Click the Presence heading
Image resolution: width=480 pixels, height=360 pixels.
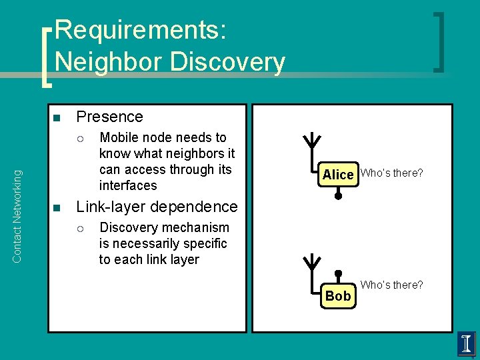tap(109, 117)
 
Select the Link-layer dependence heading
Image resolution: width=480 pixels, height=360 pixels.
tap(157, 207)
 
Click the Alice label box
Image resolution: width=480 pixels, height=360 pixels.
tap(338, 174)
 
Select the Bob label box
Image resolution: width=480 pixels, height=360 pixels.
tap(338, 295)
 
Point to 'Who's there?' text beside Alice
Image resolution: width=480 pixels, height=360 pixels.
tap(391, 173)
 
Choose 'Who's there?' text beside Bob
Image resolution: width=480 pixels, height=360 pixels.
tap(391, 285)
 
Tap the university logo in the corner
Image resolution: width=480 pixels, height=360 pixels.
tap(466, 344)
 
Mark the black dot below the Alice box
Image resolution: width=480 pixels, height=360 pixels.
tap(338, 196)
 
